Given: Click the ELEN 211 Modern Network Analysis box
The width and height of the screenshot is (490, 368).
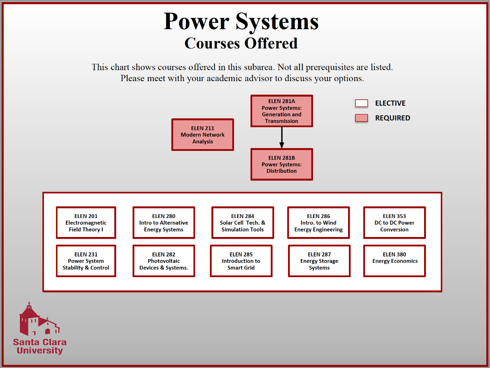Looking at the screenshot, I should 203,135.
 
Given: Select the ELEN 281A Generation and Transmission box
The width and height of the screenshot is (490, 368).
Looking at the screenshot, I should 282,111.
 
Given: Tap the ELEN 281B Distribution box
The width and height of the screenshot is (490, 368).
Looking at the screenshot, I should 282,164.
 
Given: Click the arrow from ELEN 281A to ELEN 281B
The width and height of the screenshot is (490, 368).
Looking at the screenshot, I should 282,138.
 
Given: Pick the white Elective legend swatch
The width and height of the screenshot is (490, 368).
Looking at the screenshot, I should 361,103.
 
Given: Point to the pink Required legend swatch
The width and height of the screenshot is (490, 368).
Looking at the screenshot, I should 361,118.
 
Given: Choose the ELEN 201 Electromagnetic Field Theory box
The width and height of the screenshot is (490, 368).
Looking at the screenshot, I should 86,223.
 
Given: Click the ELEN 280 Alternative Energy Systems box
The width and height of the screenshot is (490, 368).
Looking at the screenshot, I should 164,223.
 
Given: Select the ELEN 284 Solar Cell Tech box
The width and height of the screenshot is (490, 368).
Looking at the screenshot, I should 243,223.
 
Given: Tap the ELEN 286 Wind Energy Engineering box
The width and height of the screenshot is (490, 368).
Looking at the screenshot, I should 319,223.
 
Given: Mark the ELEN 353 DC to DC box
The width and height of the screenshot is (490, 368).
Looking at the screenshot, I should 395,223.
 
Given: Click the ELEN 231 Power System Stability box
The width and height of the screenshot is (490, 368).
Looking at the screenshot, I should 86,261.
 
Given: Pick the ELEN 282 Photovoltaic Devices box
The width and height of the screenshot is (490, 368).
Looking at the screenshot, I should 164,261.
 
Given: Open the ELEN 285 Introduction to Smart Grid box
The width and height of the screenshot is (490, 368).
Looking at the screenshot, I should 241,261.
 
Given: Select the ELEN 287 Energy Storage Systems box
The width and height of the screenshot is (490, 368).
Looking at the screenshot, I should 319,261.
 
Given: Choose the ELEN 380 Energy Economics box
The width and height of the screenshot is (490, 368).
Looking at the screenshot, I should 395,261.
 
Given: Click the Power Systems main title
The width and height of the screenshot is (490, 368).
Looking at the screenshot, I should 241,21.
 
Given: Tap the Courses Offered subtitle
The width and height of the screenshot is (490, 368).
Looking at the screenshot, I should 241,43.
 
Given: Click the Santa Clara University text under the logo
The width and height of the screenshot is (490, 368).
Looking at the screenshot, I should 40,346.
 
